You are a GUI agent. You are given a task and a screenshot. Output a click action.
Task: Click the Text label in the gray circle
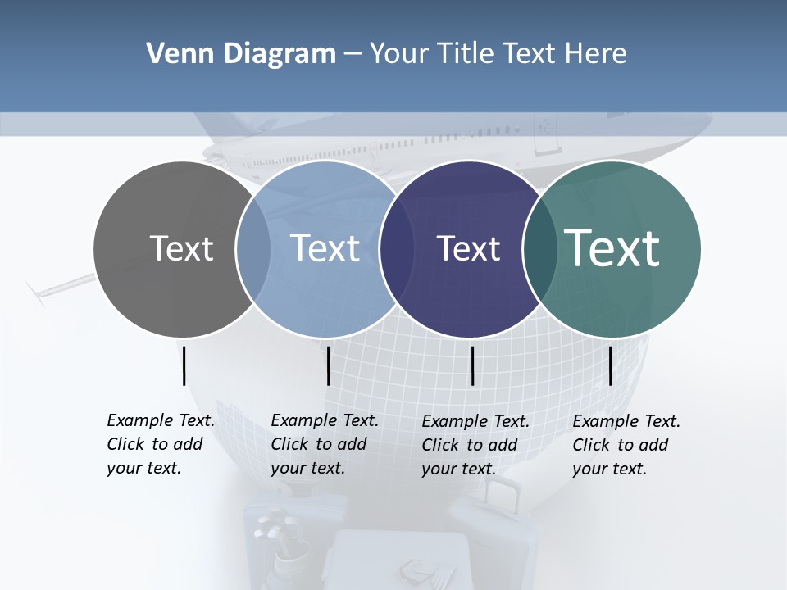pyautogui.click(x=181, y=248)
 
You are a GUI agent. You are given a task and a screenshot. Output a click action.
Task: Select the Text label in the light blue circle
pyautogui.click(x=325, y=248)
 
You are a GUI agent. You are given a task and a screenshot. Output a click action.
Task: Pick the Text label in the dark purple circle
pyautogui.click(x=468, y=248)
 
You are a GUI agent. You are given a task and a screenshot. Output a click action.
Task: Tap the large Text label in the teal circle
pyautogui.click(x=612, y=247)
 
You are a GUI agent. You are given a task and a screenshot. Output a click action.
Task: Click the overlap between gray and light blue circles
pyautogui.click(x=253, y=248)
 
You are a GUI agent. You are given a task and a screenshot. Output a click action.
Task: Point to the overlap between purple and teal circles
pyautogui.click(x=540, y=248)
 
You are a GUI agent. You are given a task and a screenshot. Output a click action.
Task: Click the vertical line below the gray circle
pyautogui.click(x=184, y=365)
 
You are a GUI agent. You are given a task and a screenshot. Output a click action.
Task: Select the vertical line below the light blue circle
pyautogui.click(x=328, y=365)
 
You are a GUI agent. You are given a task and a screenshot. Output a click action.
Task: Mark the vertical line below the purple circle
pyautogui.click(x=472, y=365)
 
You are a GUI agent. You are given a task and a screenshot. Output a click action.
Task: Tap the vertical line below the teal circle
pyautogui.click(x=610, y=365)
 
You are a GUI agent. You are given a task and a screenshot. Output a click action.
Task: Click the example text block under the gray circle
pyautogui.click(x=161, y=444)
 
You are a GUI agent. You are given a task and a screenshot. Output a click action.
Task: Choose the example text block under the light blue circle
pyautogui.click(x=325, y=444)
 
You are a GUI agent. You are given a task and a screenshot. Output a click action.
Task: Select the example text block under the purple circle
pyautogui.click(x=475, y=445)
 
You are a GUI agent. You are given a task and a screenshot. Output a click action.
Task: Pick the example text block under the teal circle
pyautogui.click(x=626, y=445)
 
